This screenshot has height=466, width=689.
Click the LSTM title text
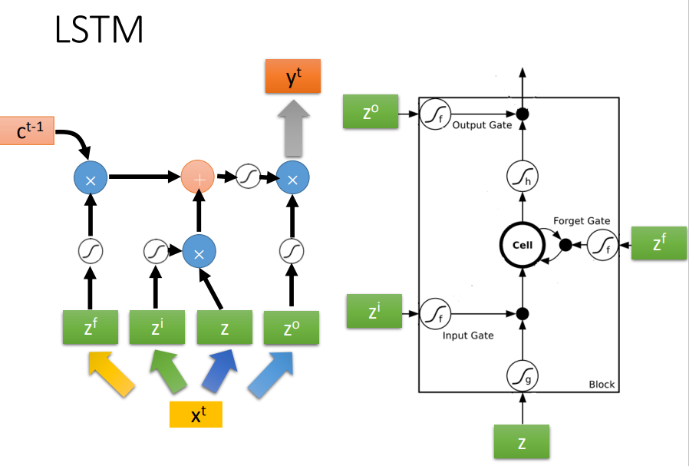point(99,30)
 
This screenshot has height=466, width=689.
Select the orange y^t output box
point(292,77)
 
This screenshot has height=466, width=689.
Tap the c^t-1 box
point(27,131)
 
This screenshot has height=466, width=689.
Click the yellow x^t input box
point(196,415)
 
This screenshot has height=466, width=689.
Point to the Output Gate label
point(482,124)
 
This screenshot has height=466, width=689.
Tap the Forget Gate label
point(582,221)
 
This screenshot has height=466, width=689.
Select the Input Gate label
point(468,335)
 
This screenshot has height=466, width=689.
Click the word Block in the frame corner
point(602,384)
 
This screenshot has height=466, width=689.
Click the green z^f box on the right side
point(659,243)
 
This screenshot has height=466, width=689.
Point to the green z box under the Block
point(521,443)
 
